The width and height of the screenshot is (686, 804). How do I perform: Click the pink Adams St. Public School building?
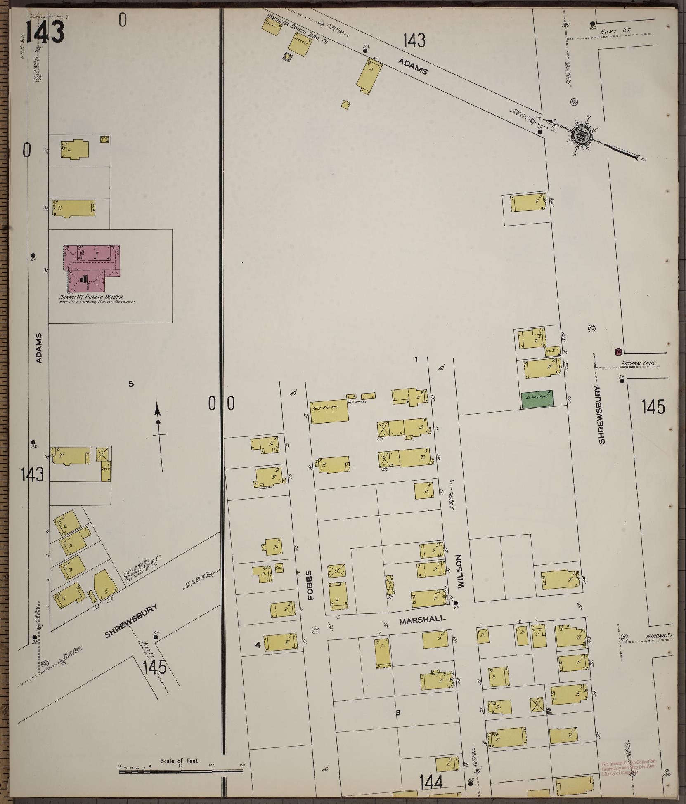click(x=93, y=268)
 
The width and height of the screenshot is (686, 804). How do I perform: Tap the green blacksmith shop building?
click(x=537, y=399)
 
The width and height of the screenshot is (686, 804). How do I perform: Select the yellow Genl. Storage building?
click(x=329, y=410)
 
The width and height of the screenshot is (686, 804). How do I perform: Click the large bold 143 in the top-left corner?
click(x=45, y=32)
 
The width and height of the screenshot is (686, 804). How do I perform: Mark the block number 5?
click(x=131, y=384)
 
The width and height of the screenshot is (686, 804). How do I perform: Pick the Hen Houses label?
click(x=357, y=401)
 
